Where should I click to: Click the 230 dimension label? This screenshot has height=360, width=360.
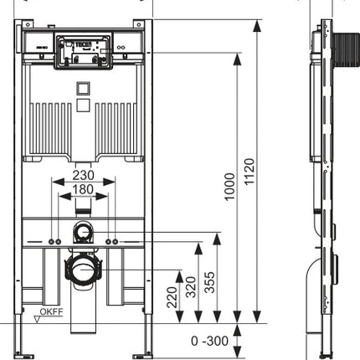pyautogui.click(x=84, y=175)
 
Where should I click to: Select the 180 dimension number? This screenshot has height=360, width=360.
pyautogui.click(x=83, y=189)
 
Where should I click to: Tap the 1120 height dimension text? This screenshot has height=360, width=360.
pyautogui.click(x=249, y=172)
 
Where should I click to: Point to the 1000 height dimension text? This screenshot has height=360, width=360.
pyautogui.click(x=230, y=187)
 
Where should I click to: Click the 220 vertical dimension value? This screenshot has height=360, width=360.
pyautogui.click(x=172, y=297)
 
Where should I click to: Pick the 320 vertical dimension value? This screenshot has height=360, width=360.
pyautogui.click(x=191, y=287)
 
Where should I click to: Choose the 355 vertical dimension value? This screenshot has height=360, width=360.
pyautogui.click(x=210, y=282)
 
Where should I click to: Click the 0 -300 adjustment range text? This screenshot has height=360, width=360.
pyautogui.click(x=209, y=341)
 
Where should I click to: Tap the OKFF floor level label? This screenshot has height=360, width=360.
pyautogui.click(x=51, y=311)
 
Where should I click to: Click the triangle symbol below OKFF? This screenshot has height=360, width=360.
pyautogui.click(x=37, y=320)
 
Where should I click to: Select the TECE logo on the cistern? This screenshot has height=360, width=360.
pyautogui.click(x=82, y=44)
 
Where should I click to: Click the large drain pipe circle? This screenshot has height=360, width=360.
pyautogui.click(x=83, y=270)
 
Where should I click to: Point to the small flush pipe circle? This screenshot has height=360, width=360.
pyautogui.click(x=83, y=232)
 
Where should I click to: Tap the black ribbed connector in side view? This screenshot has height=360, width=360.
pyautogui.click(x=346, y=49)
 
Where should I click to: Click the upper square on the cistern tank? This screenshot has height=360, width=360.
pyautogui.click(x=83, y=89)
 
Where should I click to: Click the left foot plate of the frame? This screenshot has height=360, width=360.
pyautogui.click(x=24, y=357)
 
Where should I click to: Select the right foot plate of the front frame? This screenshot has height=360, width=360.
pyautogui.click(x=142, y=357)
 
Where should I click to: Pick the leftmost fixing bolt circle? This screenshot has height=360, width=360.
pyautogui.click(x=52, y=242)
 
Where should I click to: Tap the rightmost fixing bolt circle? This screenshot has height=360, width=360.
pyautogui.click(x=115, y=242)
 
